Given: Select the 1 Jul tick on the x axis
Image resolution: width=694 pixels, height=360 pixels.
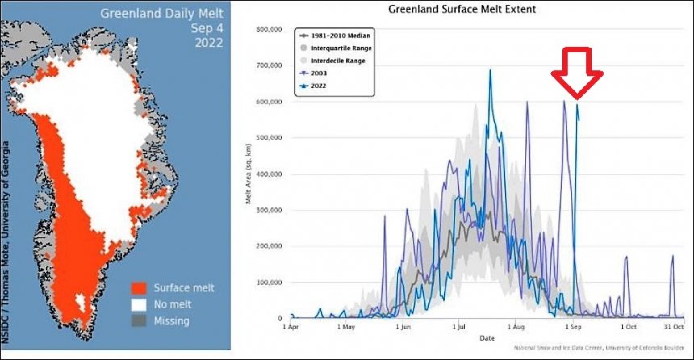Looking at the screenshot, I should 459,328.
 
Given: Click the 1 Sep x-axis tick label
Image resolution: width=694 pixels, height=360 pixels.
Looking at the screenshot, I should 571,328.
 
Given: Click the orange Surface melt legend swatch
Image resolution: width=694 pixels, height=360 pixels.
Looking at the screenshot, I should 139,287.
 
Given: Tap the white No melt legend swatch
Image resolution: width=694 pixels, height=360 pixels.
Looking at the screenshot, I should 139,304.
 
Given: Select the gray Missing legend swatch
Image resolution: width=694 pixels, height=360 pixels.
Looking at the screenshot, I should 139,320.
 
